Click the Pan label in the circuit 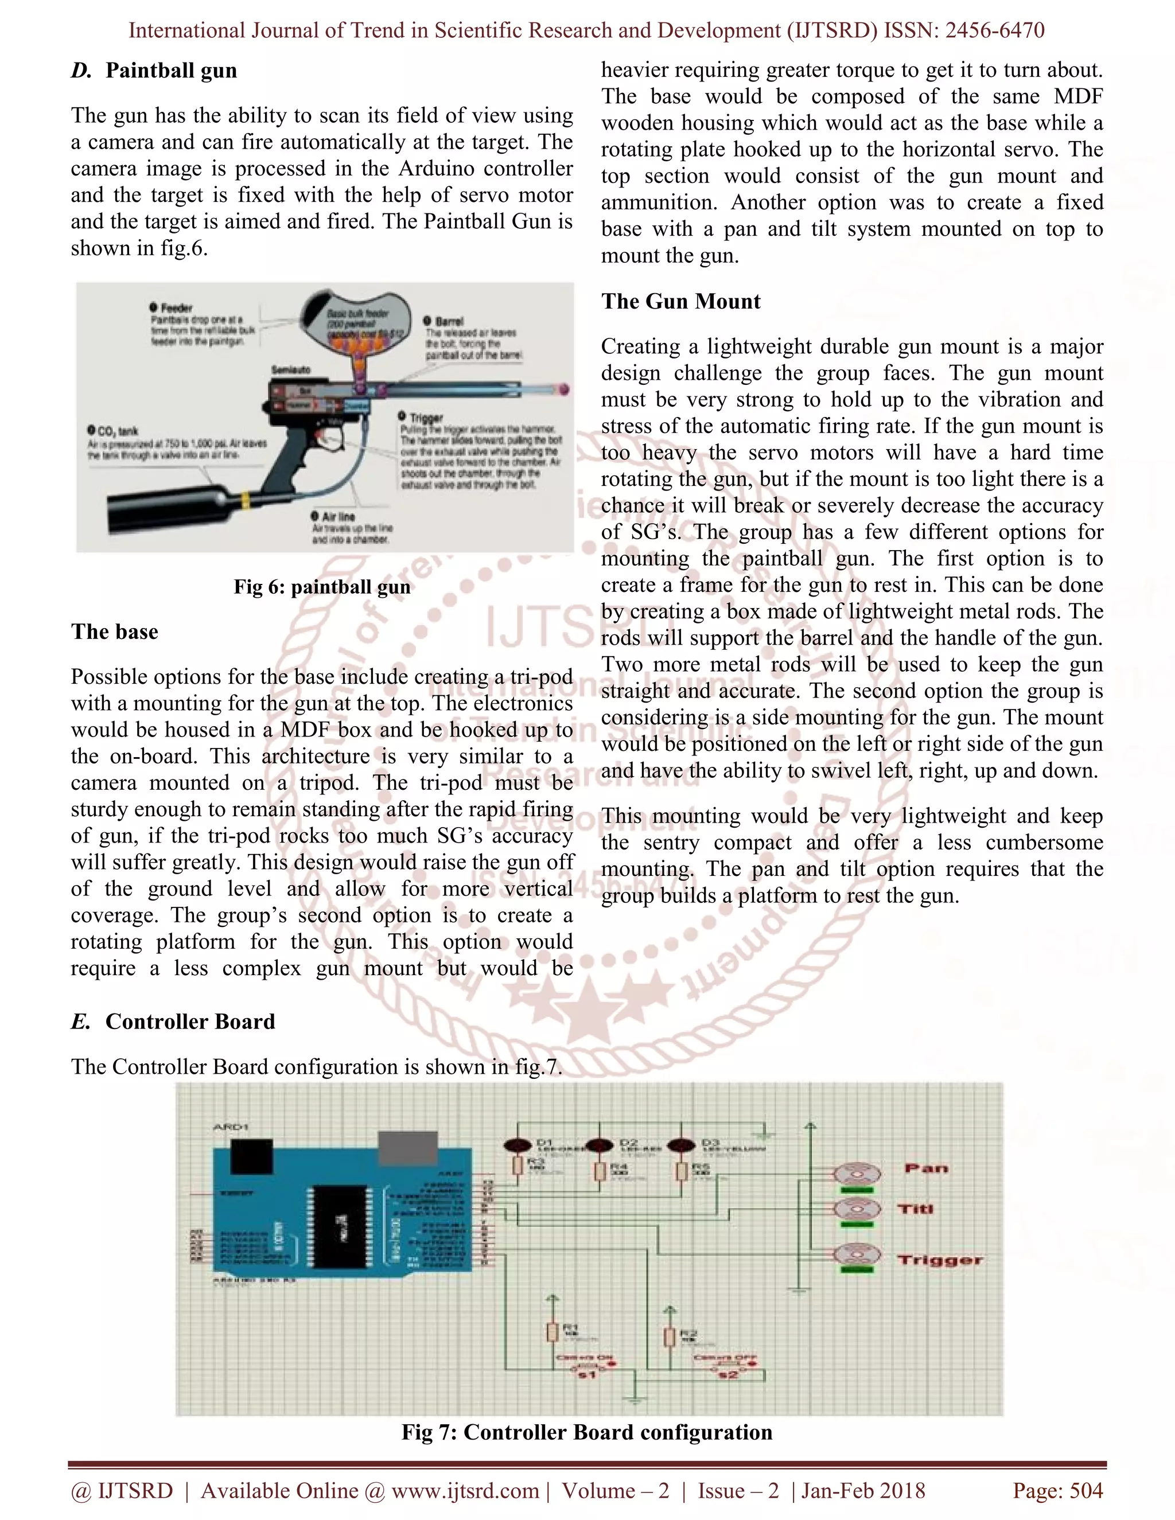[926, 1168]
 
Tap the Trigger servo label [940, 1260]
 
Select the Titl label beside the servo [915, 1210]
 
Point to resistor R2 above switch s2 [669, 1337]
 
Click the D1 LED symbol [516, 1145]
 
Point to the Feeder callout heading [176, 307]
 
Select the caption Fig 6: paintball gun [322, 587]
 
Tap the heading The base [114, 632]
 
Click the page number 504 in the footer [1086, 1491]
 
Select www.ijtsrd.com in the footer [465, 1491]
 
